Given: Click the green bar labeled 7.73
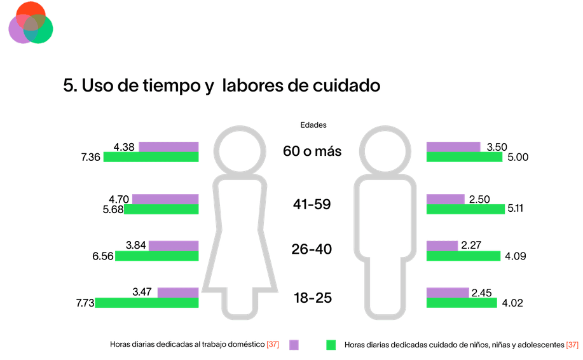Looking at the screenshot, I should point(147,303).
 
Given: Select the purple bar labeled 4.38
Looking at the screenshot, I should point(168,147).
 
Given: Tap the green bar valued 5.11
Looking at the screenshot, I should point(465,209).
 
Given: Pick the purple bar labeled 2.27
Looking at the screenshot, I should point(442,246).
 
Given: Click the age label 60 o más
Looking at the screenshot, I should point(312,151).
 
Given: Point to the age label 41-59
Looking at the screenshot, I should point(312,205).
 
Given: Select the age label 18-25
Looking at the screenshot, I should point(312,298).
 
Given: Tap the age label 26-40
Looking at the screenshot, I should point(312,249).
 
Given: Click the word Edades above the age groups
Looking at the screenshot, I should point(313,125).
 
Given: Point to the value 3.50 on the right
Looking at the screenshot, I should point(497,147).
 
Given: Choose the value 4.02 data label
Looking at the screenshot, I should point(512,303).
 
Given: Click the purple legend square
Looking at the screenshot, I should point(294,345).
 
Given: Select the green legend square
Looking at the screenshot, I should point(331,345).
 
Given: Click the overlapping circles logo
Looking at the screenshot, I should point(31,22).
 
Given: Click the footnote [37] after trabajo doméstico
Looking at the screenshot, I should point(273,345).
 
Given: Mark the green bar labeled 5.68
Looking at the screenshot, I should point(161,209).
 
